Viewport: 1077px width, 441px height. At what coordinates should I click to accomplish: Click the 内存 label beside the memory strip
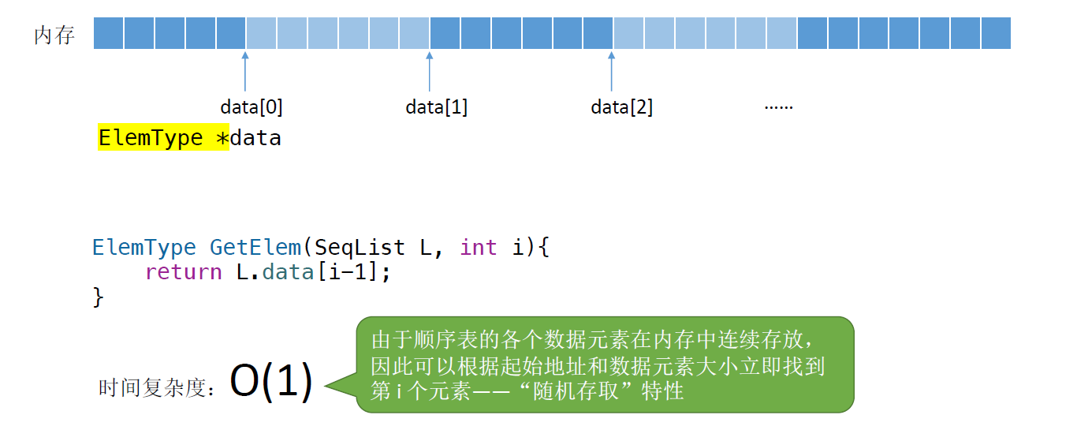coord(54,36)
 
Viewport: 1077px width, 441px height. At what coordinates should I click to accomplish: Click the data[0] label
coord(252,107)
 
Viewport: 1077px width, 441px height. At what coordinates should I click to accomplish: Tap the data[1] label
coord(437,107)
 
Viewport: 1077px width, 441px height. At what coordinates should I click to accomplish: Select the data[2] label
coord(622,107)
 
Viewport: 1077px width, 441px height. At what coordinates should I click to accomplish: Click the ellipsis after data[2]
coord(778,106)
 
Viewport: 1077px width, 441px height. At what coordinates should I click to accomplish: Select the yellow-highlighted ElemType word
coord(151,138)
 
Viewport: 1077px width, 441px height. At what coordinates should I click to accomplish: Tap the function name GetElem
coord(255,247)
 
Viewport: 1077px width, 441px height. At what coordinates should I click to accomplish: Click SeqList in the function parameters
coord(360,247)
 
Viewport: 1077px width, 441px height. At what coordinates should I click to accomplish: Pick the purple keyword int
coord(479,247)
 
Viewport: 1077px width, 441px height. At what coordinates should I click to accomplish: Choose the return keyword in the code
coord(184,272)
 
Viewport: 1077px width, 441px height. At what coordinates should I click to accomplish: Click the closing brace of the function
coord(99,297)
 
